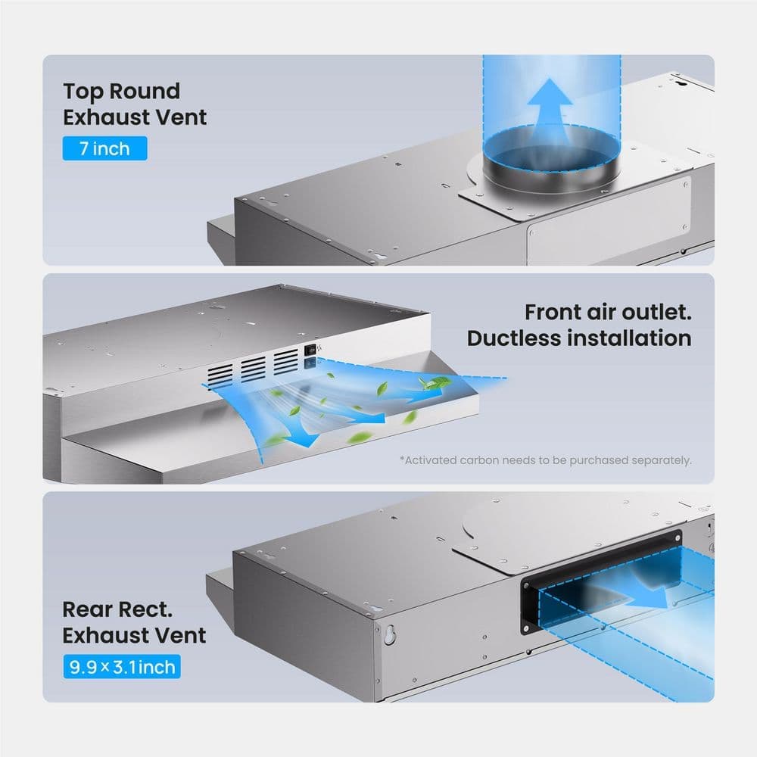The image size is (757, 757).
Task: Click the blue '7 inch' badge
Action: click(104, 148)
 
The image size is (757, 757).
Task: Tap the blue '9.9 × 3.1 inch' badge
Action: click(122, 667)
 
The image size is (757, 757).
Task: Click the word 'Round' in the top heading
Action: click(145, 92)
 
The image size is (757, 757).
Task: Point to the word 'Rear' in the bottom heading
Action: click(86, 609)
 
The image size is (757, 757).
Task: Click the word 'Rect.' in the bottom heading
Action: click(145, 609)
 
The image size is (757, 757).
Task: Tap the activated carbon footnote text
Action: click(546, 460)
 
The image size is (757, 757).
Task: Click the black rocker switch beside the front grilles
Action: click(310, 349)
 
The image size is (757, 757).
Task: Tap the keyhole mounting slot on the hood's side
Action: click(390, 634)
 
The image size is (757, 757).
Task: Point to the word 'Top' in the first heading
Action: click(83, 92)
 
